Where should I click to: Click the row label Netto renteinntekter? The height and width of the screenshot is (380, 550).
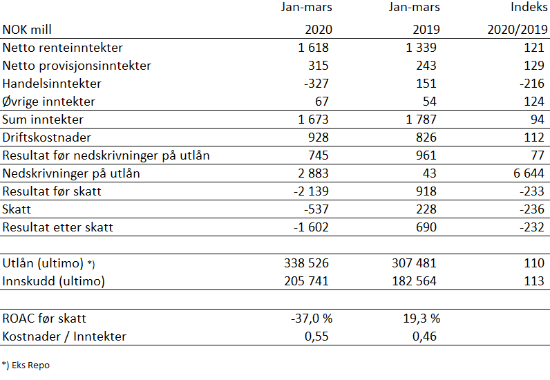click(62, 48)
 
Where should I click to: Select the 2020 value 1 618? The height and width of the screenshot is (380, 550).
click(313, 48)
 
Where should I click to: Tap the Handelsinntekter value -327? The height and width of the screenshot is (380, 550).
click(316, 84)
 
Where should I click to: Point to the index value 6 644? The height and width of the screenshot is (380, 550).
click(529, 173)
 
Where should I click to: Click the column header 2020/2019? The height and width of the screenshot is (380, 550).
click(518, 30)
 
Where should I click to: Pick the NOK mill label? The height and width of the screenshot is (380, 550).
click(27, 30)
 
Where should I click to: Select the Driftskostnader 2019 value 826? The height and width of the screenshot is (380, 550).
click(426, 137)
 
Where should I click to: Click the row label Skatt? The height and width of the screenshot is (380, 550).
click(17, 209)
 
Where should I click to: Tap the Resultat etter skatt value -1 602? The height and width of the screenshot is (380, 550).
click(311, 227)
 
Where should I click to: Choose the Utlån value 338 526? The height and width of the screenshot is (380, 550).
click(307, 263)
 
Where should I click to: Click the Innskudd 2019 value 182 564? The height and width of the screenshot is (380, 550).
click(415, 281)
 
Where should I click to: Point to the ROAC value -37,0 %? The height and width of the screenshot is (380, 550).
click(312, 319)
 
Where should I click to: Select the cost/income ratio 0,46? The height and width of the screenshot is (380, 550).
click(424, 336)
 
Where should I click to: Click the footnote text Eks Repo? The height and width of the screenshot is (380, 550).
click(31, 365)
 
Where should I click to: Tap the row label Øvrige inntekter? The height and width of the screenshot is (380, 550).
click(49, 102)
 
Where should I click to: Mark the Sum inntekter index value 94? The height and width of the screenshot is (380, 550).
click(538, 120)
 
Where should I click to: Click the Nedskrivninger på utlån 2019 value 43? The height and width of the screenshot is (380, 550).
click(430, 173)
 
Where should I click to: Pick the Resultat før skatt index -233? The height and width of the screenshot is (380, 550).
click(532, 191)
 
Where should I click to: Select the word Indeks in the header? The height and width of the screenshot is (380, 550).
click(529, 7)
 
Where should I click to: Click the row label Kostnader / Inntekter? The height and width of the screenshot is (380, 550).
click(64, 336)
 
